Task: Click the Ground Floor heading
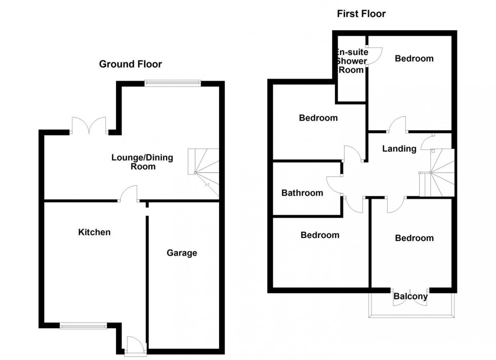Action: click(x=131, y=64)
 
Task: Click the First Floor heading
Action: click(x=361, y=14)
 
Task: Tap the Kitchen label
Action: click(x=94, y=232)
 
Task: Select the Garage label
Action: click(x=182, y=253)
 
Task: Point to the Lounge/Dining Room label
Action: click(x=142, y=162)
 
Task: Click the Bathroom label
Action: click(x=302, y=193)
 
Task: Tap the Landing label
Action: click(x=399, y=149)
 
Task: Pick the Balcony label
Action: click(x=410, y=297)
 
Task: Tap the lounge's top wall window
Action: click(x=172, y=83)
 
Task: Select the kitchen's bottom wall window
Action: click(x=84, y=326)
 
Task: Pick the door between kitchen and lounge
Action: click(x=129, y=195)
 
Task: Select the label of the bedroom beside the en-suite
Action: click(x=414, y=59)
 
